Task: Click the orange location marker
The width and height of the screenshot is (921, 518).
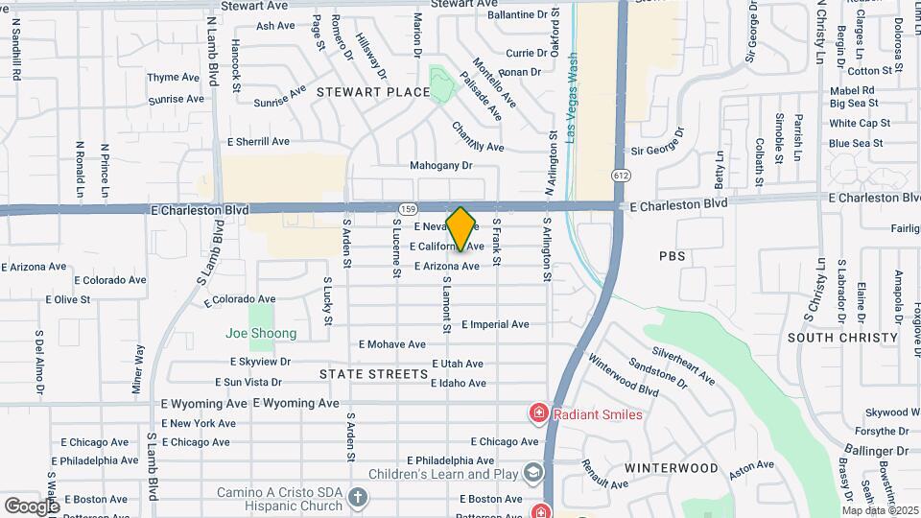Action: [x=461, y=228]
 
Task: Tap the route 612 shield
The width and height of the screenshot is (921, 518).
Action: [x=622, y=177]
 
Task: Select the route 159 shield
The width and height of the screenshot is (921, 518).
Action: [x=407, y=208]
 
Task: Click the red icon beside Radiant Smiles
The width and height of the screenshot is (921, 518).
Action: [x=539, y=414]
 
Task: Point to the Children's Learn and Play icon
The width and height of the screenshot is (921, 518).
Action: [x=532, y=473]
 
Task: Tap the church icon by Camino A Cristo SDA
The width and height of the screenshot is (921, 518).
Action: [x=358, y=497]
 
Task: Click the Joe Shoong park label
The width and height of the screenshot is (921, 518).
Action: [x=261, y=334]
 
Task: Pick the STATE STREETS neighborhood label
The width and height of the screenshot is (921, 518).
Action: [x=373, y=373]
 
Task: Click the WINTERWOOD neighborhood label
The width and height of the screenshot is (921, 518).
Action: [x=672, y=468]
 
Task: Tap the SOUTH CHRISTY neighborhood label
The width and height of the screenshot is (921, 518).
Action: [x=842, y=338]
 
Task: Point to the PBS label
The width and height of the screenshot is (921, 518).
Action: [x=673, y=257]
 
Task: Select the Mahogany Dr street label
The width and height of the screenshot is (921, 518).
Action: [x=441, y=165]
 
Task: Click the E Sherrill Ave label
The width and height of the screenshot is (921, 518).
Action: [x=258, y=141]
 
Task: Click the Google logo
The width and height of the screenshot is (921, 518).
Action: [x=32, y=506]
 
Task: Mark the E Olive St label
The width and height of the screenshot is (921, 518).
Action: [x=65, y=299]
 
